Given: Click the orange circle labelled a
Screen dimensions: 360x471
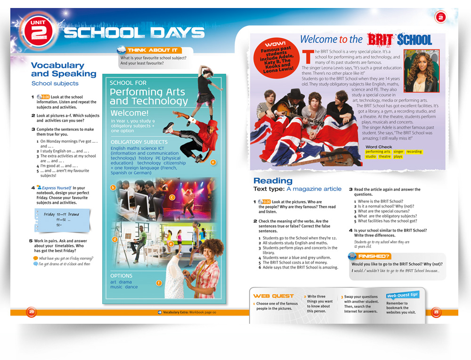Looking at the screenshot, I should [212, 162].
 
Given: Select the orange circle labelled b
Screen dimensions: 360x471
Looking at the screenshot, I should [113, 188].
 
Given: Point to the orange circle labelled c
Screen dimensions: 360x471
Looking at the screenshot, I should [172, 197].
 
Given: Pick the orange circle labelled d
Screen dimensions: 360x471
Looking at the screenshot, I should [114, 239].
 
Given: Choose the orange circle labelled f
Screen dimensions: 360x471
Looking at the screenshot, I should [159, 283].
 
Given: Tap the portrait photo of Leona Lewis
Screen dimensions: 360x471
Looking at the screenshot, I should [422, 71].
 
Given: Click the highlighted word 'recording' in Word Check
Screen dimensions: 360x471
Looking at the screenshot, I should [414, 152].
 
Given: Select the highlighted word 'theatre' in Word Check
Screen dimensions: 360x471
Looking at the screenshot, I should [385, 157].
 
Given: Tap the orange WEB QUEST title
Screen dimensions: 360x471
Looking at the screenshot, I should [273, 296].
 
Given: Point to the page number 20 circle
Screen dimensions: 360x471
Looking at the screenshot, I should [31, 312].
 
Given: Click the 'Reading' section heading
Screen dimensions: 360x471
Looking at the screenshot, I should [273, 181].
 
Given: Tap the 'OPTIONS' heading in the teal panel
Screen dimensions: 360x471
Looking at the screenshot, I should [122, 276].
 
